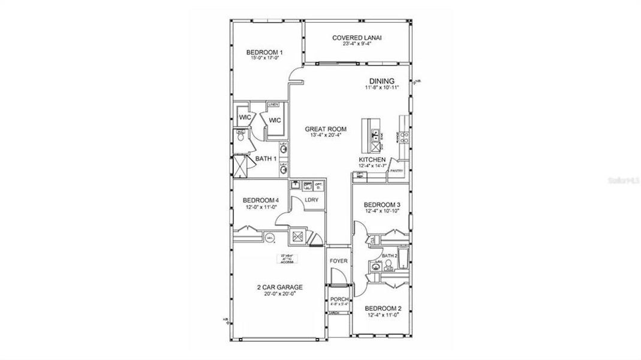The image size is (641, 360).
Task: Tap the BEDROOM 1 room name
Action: point(264,53)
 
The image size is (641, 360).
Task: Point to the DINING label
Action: point(382,81)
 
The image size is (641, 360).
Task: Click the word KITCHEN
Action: point(376,160)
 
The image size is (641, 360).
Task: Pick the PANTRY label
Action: point(396,171)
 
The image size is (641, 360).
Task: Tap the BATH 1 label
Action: point(266,159)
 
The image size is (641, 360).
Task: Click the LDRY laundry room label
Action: point(311,200)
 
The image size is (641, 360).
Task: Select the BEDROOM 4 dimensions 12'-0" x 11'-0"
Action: point(261,208)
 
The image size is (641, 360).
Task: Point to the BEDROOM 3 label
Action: point(383,205)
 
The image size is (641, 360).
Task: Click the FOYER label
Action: point(338,261)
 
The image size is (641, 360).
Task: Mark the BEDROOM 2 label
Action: point(383,308)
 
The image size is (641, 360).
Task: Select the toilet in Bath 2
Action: point(389,262)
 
